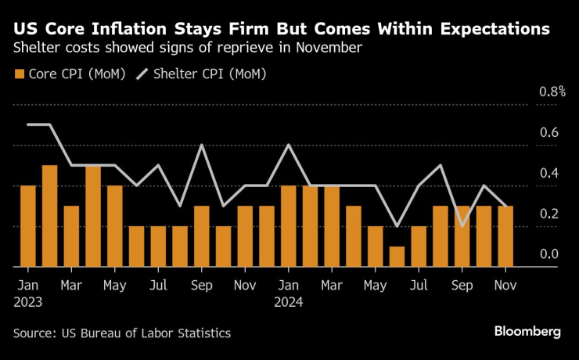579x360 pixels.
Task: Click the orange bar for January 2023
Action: pos(28,226)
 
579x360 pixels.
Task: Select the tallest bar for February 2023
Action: pos(49,216)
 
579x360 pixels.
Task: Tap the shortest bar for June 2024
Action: pos(397,257)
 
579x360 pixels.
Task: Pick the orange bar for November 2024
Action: pos(505,236)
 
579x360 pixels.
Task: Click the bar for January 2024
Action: pos(289,226)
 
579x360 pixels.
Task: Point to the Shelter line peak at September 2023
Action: pos(202,145)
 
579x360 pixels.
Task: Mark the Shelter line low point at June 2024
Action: pos(397,226)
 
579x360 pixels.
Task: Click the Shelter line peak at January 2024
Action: pos(289,145)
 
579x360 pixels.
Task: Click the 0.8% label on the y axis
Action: pos(552,92)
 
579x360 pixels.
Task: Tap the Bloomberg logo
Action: pos(527,332)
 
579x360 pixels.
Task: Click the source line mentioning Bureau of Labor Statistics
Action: pos(122,333)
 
